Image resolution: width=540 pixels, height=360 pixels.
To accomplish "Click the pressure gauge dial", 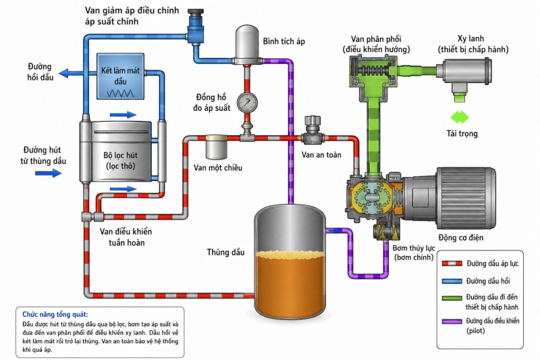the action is click(x=247, y=103).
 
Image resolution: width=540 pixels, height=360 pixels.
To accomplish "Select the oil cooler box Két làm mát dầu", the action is click(x=120, y=76).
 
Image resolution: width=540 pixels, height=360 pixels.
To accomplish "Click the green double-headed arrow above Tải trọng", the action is click(x=460, y=118).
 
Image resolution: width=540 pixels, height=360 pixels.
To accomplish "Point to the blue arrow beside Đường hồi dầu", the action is click(x=71, y=73).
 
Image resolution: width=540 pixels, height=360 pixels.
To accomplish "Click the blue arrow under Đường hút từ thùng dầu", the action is click(x=49, y=173).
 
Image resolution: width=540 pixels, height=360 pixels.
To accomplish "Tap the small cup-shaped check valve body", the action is click(x=216, y=147).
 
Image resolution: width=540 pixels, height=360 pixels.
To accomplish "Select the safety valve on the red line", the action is click(x=313, y=130).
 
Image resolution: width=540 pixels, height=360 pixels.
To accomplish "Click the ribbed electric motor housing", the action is click(x=466, y=198).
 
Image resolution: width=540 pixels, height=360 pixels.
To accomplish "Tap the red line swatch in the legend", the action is click(x=452, y=263).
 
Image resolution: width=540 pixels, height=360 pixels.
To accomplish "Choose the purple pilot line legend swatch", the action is click(x=452, y=322).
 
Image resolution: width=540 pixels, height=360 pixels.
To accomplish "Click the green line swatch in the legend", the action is click(x=452, y=298).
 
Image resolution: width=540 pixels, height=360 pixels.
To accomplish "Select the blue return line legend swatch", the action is click(x=452, y=281).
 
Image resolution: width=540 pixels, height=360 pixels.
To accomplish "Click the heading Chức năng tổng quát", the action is click(x=55, y=315).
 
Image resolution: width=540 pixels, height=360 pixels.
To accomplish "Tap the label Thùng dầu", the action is click(x=226, y=253).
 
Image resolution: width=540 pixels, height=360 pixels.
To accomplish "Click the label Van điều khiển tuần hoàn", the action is click(x=126, y=237).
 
